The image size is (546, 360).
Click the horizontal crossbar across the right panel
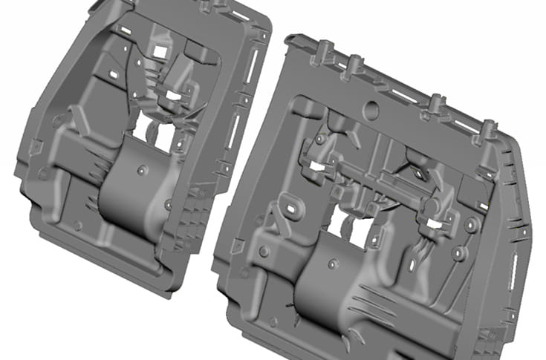371,174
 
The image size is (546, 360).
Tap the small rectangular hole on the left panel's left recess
114,76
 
